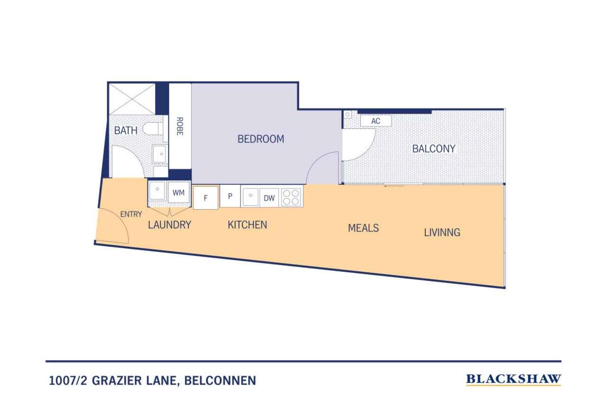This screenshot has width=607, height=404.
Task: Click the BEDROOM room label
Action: (x=261, y=139)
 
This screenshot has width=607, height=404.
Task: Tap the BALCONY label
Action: (x=433, y=149)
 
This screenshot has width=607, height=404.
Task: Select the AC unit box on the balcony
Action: (x=376, y=121)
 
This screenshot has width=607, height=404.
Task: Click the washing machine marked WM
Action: (x=178, y=192)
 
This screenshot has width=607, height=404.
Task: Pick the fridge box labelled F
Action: (x=206, y=198)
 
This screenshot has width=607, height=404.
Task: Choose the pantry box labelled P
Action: (x=230, y=196)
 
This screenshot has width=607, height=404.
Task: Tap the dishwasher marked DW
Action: (x=269, y=198)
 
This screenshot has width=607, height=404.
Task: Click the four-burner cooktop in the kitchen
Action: (x=291, y=198)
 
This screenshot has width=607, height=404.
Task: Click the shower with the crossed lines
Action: (x=132, y=99)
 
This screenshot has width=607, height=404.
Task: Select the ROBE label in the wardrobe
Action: (x=180, y=126)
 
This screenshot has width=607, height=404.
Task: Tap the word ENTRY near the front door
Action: (x=131, y=214)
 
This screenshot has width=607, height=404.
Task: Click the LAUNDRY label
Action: (x=170, y=225)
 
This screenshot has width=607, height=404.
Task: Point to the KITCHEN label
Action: (x=248, y=225)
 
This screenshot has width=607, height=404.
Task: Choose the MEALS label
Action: (x=363, y=228)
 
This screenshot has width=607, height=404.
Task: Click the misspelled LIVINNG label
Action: (x=442, y=233)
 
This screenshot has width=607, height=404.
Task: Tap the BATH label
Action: (x=126, y=130)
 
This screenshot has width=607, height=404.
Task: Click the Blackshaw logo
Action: (x=514, y=379)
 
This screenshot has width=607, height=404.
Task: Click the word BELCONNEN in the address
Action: (x=220, y=381)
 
